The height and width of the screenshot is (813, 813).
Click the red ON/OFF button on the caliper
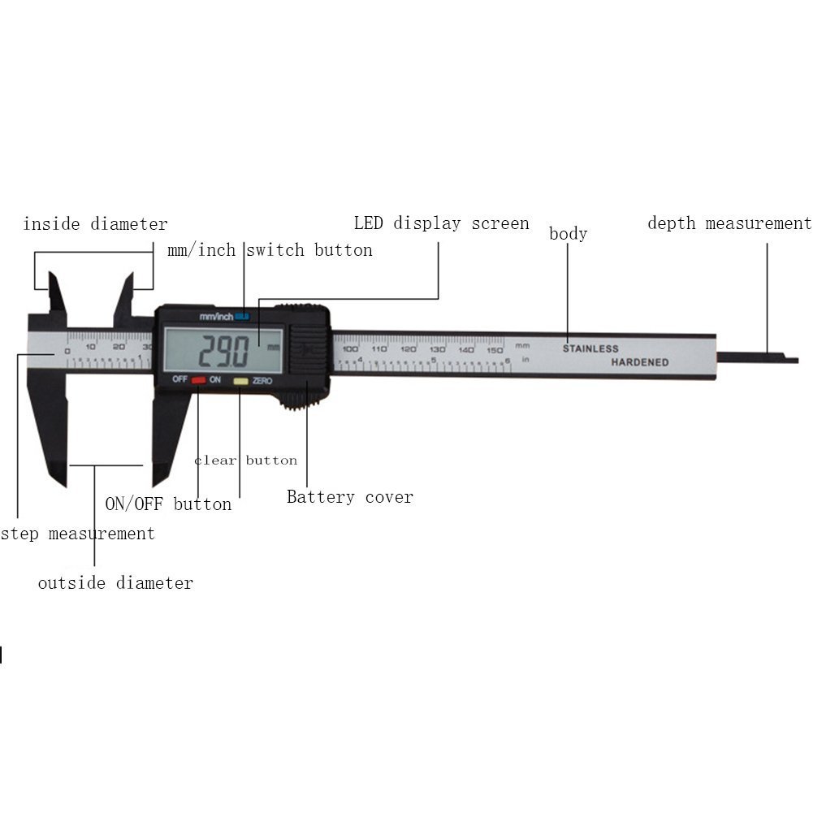coord(198,380)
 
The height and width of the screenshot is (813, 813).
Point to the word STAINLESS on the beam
coord(590,348)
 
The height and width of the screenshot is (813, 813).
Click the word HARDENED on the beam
coord(640,362)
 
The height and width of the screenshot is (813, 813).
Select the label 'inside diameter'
coord(95,224)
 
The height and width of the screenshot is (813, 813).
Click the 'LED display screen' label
coord(441,223)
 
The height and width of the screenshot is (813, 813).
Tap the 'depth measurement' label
coord(729,223)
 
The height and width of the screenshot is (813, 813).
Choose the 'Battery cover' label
coord(350,497)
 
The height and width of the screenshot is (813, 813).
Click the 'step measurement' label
coord(77,534)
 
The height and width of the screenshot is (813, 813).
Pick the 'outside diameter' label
coord(115,582)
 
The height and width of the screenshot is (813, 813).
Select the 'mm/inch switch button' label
coord(270,250)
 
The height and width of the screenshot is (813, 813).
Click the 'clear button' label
coord(245,461)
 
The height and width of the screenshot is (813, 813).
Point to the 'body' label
coord(568,234)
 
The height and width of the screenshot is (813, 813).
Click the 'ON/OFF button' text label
coord(168,504)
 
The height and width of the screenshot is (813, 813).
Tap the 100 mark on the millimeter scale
coord(350,348)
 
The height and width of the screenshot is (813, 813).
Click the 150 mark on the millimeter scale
coord(495,348)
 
